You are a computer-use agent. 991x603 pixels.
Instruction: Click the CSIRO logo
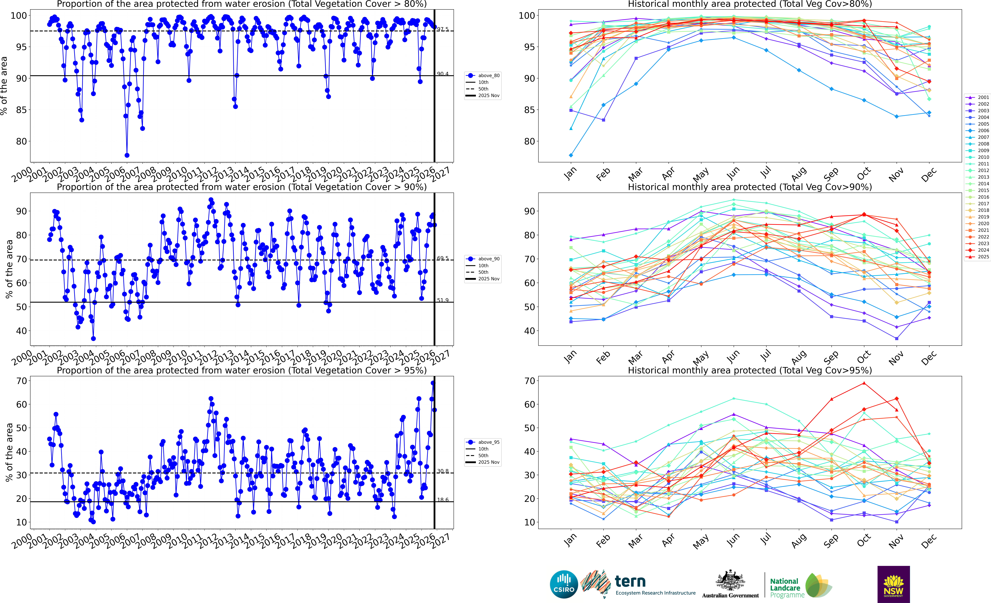point(564,584)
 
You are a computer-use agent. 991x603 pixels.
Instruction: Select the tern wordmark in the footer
point(630,581)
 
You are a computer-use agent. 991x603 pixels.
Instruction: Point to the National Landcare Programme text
point(786,588)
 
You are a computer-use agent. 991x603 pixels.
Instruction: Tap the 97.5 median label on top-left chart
point(443,29)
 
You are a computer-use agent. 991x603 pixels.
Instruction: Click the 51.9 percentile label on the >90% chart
point(443,300)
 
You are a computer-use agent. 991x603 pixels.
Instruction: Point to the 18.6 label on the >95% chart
point(443,500)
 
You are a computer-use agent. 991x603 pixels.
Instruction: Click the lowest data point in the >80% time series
point(127,155)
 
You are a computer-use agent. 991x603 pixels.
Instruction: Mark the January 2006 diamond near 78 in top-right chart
point(571,155)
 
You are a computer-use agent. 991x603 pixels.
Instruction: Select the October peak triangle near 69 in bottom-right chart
point(864,383)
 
